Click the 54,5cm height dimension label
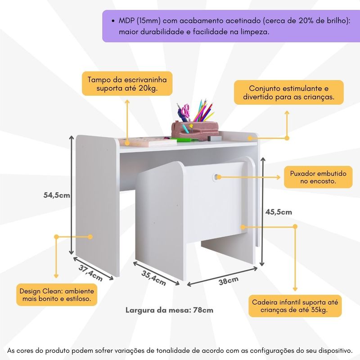coord(57,195)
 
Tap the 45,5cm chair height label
coord(279,211)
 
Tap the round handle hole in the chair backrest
coord(217,177)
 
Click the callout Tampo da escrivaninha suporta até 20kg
coord(127,84)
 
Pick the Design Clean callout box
coord(57,294)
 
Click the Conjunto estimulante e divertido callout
coord(288,92)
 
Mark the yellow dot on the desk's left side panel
coord(90,236)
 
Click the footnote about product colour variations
coord(180,350)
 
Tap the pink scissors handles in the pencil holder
coord(184,109)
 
